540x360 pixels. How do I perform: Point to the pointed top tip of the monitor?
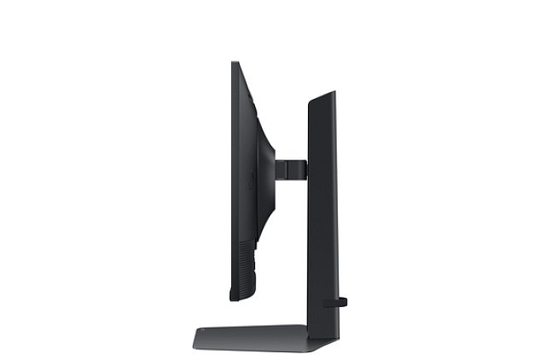[234, 63]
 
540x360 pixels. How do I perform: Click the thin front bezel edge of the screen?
[232, 179]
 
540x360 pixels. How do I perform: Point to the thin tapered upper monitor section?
[241, 94]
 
